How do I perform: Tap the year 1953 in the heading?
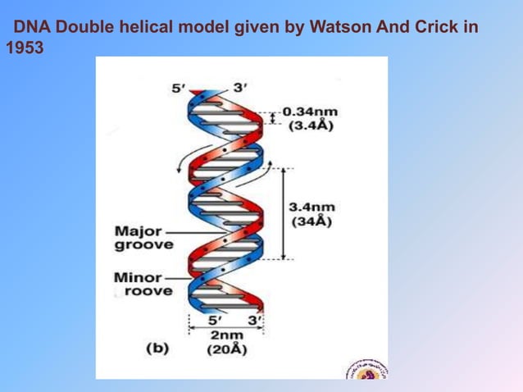24,48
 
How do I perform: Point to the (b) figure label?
157,348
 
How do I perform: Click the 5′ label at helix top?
179,87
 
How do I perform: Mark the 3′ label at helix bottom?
254,319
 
